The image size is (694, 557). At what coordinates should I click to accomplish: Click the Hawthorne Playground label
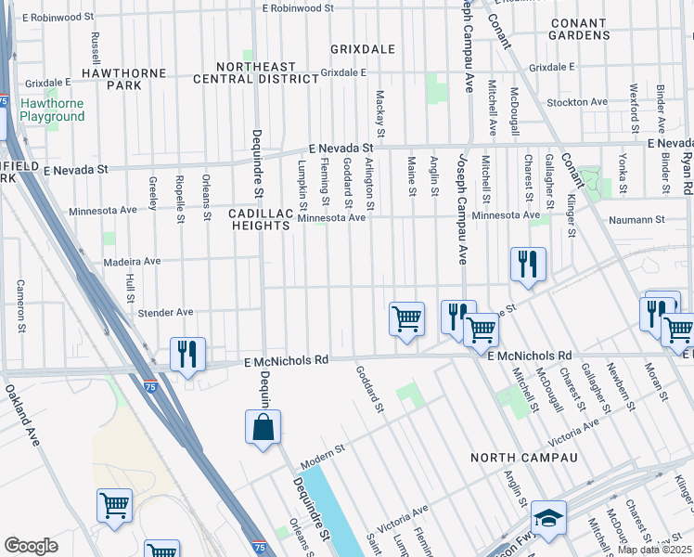click(x=52, y=110)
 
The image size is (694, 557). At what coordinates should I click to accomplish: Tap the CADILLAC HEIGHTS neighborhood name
click(x=260, y=219)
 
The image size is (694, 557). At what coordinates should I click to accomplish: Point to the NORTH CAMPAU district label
click(x=523, y=459)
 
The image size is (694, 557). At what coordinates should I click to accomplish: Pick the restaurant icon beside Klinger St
click(x=528, y=264)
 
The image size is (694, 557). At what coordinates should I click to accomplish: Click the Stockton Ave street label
click(x=577, y=102)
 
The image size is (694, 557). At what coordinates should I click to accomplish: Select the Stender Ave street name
click(x=165, y=313)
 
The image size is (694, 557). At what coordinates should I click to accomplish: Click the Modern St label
click(x=321, y=449)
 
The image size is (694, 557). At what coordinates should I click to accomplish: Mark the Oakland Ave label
click(x=22, y=416)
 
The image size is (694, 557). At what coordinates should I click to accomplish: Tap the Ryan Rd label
click(x=687, y=173)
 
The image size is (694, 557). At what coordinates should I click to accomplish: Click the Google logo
click(x=31, y=546)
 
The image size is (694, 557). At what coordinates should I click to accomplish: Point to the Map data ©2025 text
click(x=655, y=551)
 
